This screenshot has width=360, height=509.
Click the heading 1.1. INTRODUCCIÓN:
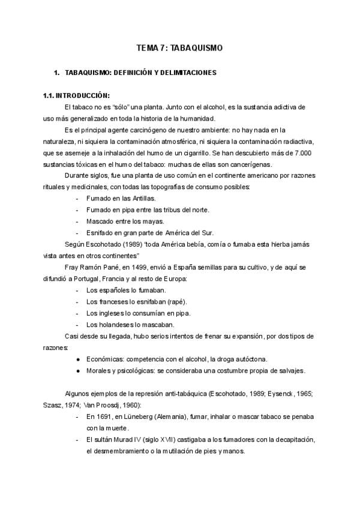pos(76,95)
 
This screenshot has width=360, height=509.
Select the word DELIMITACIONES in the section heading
pos(185,73)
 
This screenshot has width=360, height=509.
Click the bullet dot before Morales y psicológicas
pos(79,370)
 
